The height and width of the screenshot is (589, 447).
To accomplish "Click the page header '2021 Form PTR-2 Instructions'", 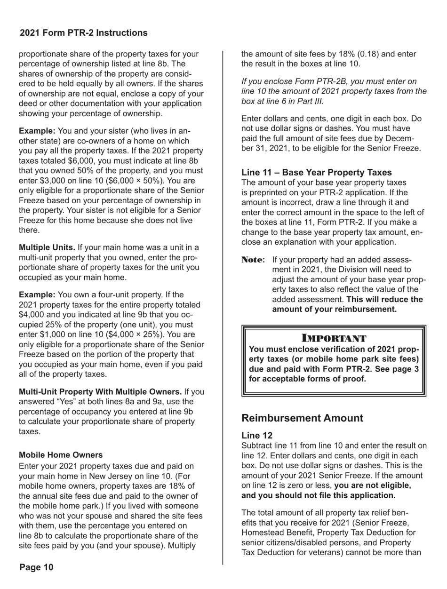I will [84, 33].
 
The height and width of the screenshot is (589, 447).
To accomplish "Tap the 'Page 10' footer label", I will [37, 567].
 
